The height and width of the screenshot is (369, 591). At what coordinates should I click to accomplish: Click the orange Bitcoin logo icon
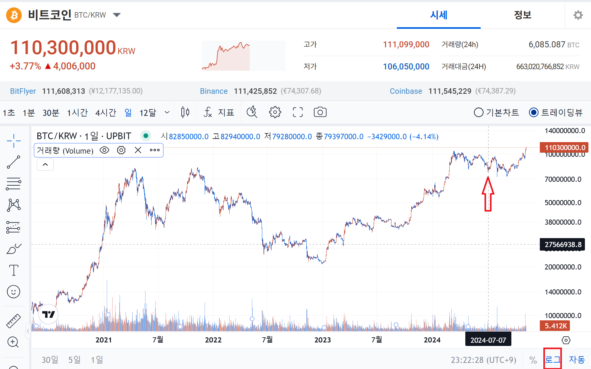[x=14, y=15]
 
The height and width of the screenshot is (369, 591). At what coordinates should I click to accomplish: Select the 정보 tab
[x=522, y=15]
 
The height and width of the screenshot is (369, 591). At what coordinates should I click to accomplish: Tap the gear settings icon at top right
[x=578, y=15]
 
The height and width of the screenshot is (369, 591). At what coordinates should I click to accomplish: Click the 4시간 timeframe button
[x=106, y=113]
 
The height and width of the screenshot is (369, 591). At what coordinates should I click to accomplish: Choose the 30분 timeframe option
[x=51, y=113]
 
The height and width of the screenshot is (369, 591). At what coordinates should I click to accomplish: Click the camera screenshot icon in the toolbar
[x=320, y=112]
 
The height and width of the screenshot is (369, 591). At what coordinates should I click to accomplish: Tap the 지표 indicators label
[x=226, y=113]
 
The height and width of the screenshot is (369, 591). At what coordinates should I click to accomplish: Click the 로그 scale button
[x=553, y=360]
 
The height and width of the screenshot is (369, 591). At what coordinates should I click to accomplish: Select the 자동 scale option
[x=577, y=360]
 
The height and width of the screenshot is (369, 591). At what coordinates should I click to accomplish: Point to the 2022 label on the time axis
[x=213, y=340]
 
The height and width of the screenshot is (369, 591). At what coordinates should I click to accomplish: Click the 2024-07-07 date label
[x=488, y=340]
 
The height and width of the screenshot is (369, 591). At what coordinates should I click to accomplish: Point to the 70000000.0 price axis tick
[x=563, y=179]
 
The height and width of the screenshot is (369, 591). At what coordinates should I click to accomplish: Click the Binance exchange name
[x=214, y=91]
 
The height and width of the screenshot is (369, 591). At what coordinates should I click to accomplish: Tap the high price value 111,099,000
[x=406, y=44]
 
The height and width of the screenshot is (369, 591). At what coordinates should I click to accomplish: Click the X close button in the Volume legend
[x=138, y=150]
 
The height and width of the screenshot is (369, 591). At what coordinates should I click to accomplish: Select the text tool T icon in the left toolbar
[x=13, y=270]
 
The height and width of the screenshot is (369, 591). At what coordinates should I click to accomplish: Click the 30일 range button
[x=50, y=360]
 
